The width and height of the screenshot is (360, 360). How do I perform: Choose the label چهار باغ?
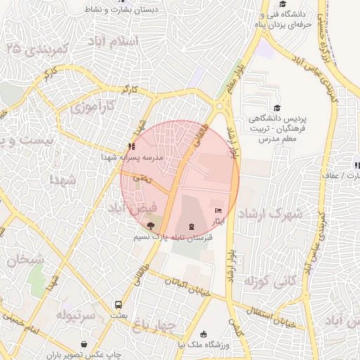click(x=159, y=326)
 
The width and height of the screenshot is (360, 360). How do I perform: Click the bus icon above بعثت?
click(x=118, y=305)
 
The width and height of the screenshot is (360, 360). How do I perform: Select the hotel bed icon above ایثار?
click(x=218, y=210)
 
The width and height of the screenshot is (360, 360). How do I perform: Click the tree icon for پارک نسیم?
click(x=150, y=225)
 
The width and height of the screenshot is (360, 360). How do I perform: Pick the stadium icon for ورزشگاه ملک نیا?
click(x=204, y=334)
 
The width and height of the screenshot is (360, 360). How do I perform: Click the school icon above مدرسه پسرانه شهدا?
click(x=131, y=146)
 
